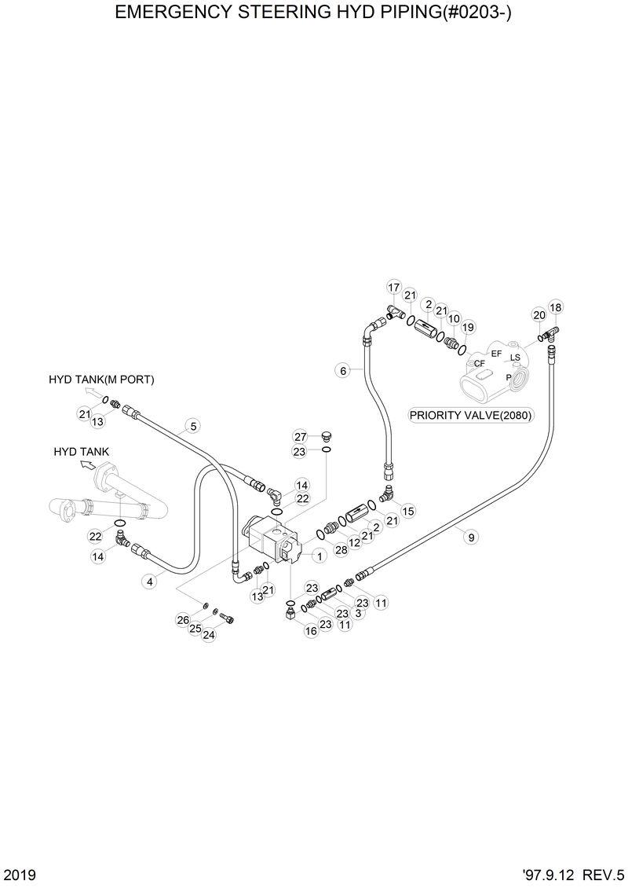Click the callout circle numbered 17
click(x=394, y=287)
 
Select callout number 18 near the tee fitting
click(x=556, y=307)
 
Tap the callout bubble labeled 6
click(x=342, y=369)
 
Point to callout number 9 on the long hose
click(x=471, y=538)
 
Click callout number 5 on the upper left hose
click(x=193, y=427)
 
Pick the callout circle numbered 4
click(x=148, y=582)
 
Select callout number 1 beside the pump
click(x=319, y=556)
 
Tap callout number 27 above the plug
click(x=300, y=437)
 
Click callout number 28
click(x=341, y=550)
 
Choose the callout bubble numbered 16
click(x=312, y=631)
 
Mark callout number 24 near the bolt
click(x=209, y=635)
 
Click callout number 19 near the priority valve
click(x=469, y=327)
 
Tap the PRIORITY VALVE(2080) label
click(x=472, y=415)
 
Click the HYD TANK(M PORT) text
click(x=101, y=380)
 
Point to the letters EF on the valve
click(x=496, y=354)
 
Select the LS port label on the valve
click(x=515, y=358)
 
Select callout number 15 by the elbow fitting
click(x=408, y=512)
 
